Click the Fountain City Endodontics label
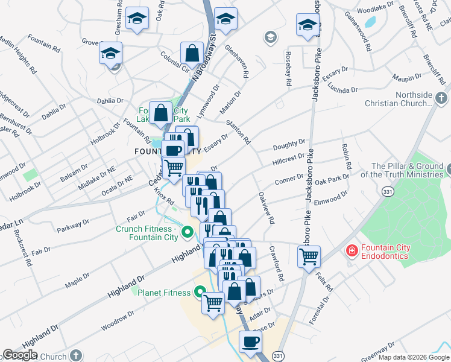tap(385, 252)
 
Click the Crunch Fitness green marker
tap(188, 230)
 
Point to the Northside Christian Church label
tap(415, 99)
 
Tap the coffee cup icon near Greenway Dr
tap(250, 341)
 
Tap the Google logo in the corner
tap(19, 355)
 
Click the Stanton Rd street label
tap(238, 131)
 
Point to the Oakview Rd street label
tap(266, 208)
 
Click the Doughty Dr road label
tap(289, 144)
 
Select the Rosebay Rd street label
tap(288, 66)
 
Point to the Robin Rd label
tap(346, 156)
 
